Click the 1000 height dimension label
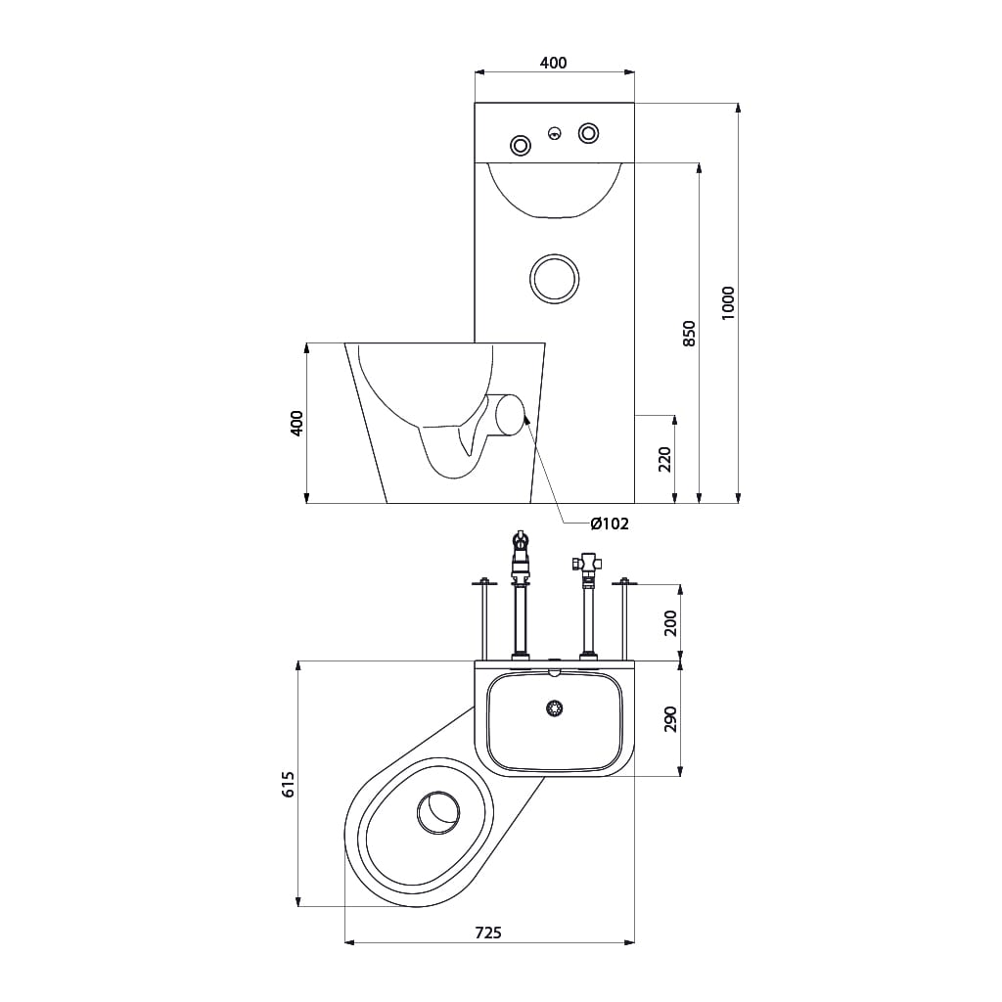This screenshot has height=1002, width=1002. pyautogui.click(x=728, y=303)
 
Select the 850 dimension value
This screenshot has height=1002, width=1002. pyautogui.click(x=689, y=334)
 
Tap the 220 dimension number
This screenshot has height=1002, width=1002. pyautogui.click(x=664, y=460)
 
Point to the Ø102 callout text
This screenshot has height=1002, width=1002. pyautogui.click(x=610, y=524)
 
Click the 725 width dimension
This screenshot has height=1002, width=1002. pyautogui.click(x=489, y=933)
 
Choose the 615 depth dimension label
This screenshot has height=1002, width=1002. pyautogui.click(x=289, y=784)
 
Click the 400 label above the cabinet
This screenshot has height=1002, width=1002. pyautogui.click(x=554, y=63)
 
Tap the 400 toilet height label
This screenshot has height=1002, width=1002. pyautogui.click(x=296, y=423)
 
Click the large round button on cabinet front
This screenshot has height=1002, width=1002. pyautogui.click(x=555, y=279)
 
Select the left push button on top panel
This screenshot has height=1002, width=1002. pyautogui.click(x=521, y=146)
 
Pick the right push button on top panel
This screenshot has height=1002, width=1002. pyautogui.click(x=588, y=133)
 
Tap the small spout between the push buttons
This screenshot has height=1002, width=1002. pyautogui.click(x=556, y=133)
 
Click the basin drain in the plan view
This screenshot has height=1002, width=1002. pyautogui.click(x=555, y=707)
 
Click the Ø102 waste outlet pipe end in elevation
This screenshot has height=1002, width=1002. pyautogui.click(x=510, y=416)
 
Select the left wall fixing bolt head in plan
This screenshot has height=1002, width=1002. pyautogui.click(x=483, y=581)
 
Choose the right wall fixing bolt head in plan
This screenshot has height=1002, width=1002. pyautogui.click(x=624, y=581)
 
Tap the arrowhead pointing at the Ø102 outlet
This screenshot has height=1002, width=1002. pyautogui.click(x=525, y=418)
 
